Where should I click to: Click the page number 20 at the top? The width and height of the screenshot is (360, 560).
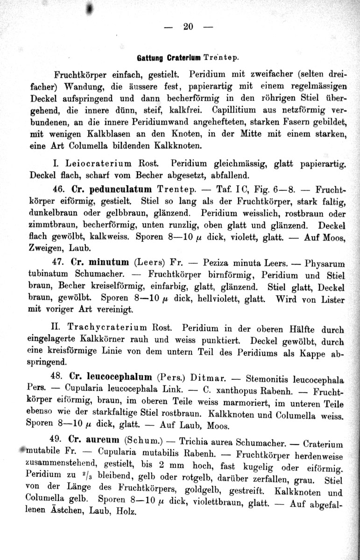click(188, 27)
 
